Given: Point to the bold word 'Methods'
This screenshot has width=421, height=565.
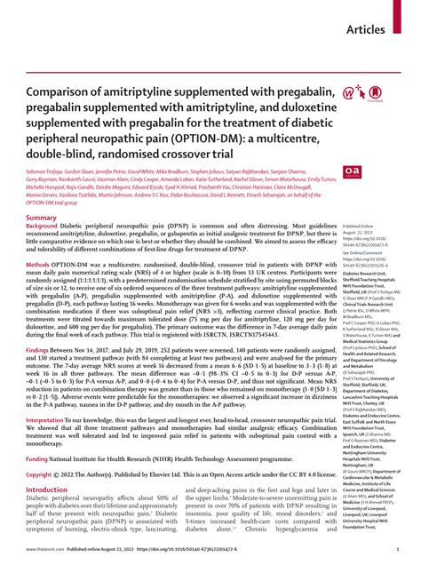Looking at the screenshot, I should coord(44,290).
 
